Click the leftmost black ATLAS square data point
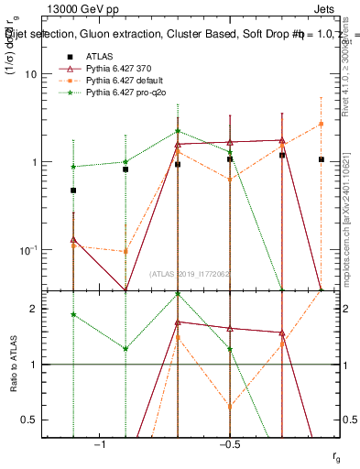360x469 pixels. [x=73, y=191]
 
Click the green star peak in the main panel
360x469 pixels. [x=178, y=131]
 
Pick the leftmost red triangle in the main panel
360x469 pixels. [x=73, y=239]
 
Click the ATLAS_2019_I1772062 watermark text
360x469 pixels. [x=191, y=274]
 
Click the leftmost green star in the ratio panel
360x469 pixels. [x=73, y=314]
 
